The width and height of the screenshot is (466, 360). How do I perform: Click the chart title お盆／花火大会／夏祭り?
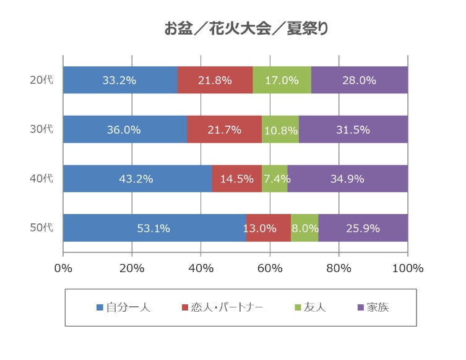point(246,28)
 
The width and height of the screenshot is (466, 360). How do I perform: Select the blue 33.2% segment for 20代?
point(120,80)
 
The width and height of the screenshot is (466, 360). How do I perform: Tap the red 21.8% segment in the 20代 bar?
point(215,80)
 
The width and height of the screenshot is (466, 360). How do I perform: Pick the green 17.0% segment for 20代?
point(282,80)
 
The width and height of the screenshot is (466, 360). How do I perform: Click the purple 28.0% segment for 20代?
point(359,80)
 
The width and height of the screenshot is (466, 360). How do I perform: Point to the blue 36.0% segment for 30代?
point(125,129)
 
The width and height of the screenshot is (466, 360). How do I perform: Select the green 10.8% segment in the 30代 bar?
point(280,129)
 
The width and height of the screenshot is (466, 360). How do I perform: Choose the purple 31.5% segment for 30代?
point(353,129)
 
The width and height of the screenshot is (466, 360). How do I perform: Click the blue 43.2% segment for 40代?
point(137,179)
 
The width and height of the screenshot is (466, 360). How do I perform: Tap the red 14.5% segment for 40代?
point(237,179)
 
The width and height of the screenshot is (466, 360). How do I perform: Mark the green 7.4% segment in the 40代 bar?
point(275,179)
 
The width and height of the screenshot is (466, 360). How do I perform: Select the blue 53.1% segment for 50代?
point(154,228)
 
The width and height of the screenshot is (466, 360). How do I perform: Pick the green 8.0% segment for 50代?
point(304,228)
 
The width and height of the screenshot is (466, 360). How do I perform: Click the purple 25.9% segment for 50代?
point(363,228)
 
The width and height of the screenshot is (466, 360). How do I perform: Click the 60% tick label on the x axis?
point(270,268)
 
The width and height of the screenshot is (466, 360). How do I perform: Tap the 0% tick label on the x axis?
point(63,268)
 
